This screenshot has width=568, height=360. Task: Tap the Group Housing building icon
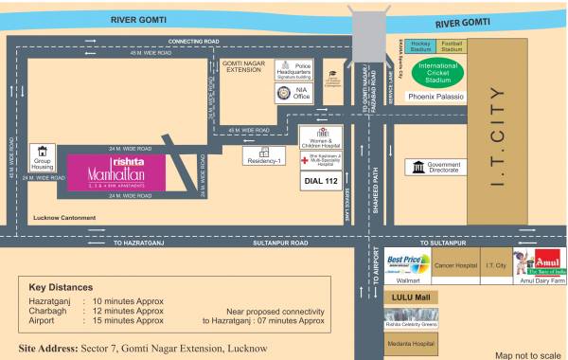tap(41, 152)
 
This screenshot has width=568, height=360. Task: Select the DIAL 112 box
tap(319, 181)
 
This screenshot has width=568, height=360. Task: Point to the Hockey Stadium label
tap(421, 45)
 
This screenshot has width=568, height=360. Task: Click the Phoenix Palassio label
tap(436, 97)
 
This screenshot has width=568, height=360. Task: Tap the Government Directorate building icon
tap(419, 167)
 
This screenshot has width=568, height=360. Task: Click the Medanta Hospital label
tap(410, 343)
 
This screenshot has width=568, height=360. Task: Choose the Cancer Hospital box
tap(455, 265)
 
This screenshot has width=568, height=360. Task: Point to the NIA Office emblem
tap(284, 93)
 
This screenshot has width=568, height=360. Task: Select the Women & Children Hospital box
tap(321, 137)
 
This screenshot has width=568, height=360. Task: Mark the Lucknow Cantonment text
tap(63, 218)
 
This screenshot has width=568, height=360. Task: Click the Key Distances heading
tap(61, 286)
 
